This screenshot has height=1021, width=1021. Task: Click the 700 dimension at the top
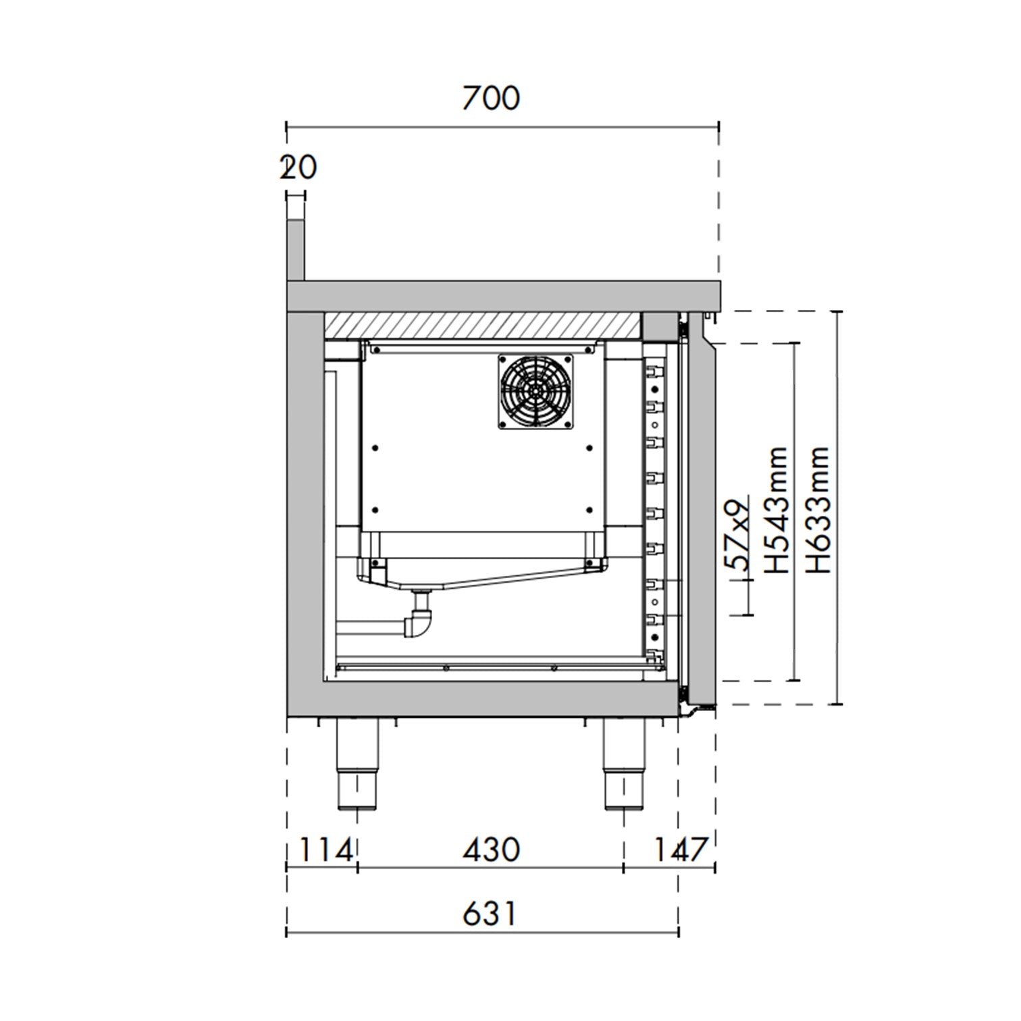[x=491, y=99]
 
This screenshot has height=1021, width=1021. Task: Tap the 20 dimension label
[x=298, y=167]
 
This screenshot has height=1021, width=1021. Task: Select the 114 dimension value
[x=325, y=849]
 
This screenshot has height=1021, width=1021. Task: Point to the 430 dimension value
[x=491, y=849]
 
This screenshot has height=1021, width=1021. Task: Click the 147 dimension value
[x=679, y=849]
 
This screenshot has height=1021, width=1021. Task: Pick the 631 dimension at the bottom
[x=490, y=914]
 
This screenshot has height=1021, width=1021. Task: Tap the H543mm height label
[x=777, y=510]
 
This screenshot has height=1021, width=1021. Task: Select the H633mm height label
[x=818, y=510]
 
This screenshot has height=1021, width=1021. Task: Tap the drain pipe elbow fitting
[x=419, y=622]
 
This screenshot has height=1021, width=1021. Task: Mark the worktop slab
[x=503, y=295]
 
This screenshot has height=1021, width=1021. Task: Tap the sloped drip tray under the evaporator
[x=486, y=577]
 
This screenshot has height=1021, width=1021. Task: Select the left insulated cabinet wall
[x=305, y=500]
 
